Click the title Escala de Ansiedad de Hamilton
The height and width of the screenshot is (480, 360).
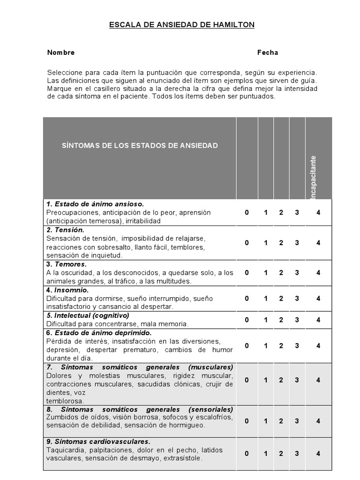(181, 25)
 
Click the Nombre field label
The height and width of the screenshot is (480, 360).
(61, 52)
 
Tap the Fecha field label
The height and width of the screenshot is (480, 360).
(268, 52)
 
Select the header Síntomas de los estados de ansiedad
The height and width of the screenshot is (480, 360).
(140, 145)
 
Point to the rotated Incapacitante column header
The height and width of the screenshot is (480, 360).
(314, 177)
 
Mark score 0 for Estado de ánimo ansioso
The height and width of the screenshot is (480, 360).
(247, 212)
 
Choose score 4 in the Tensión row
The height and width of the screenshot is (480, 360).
(318, 242)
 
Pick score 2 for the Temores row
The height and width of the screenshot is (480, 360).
(281, 272)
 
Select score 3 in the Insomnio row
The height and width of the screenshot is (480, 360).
(297, 298)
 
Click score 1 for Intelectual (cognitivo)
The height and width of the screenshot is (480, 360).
(265, 320)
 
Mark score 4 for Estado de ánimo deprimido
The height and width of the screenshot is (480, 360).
(318, 345)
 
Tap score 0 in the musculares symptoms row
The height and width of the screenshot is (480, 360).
(247, 380)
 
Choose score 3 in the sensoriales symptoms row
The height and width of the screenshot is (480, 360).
(297, 421)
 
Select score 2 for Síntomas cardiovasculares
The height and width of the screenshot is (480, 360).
(281, 453)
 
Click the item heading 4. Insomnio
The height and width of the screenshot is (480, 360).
(67, 290)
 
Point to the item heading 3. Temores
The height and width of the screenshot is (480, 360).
(67, 264)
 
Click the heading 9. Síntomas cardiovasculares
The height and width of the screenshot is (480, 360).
(98, 442)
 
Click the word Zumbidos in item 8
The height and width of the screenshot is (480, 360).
(61, 417)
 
